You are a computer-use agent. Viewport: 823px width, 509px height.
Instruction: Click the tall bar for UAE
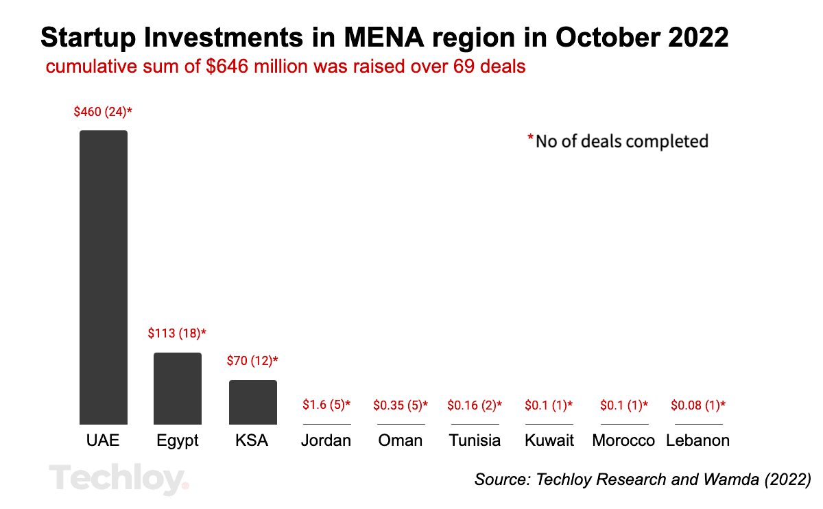(x=104, y=277)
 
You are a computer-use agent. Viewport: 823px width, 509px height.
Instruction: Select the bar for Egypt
(x=178, y=388)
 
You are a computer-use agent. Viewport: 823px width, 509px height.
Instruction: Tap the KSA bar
(x=252, y=402)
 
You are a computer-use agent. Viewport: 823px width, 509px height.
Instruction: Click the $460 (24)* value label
(x=103, y=112)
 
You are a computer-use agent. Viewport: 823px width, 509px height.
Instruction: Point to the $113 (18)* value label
(x=177, y=334)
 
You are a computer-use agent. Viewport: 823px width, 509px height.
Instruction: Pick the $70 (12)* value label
(x=252, y=361)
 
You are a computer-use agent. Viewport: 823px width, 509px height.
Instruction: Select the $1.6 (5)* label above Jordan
(x=326, y=405)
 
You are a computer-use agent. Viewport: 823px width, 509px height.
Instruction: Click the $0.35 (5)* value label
(x=401, y=405)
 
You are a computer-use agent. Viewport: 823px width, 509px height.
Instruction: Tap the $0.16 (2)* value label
(x=475, y=405)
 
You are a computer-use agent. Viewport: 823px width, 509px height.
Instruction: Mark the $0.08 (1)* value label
(x=697, y=405)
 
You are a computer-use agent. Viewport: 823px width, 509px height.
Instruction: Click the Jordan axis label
(x=326, y=440)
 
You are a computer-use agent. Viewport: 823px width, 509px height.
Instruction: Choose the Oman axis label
(x=401, y=440)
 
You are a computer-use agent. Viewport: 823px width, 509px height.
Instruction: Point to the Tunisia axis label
(x=475, y=440)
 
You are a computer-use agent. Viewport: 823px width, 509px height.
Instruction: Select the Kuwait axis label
(x=549, y=440)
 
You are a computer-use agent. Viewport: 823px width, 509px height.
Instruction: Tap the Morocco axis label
(x=623, y=440)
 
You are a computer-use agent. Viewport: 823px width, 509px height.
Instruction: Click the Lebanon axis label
(x=697, y=440)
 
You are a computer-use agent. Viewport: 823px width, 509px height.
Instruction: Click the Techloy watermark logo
(x=119, y=478)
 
